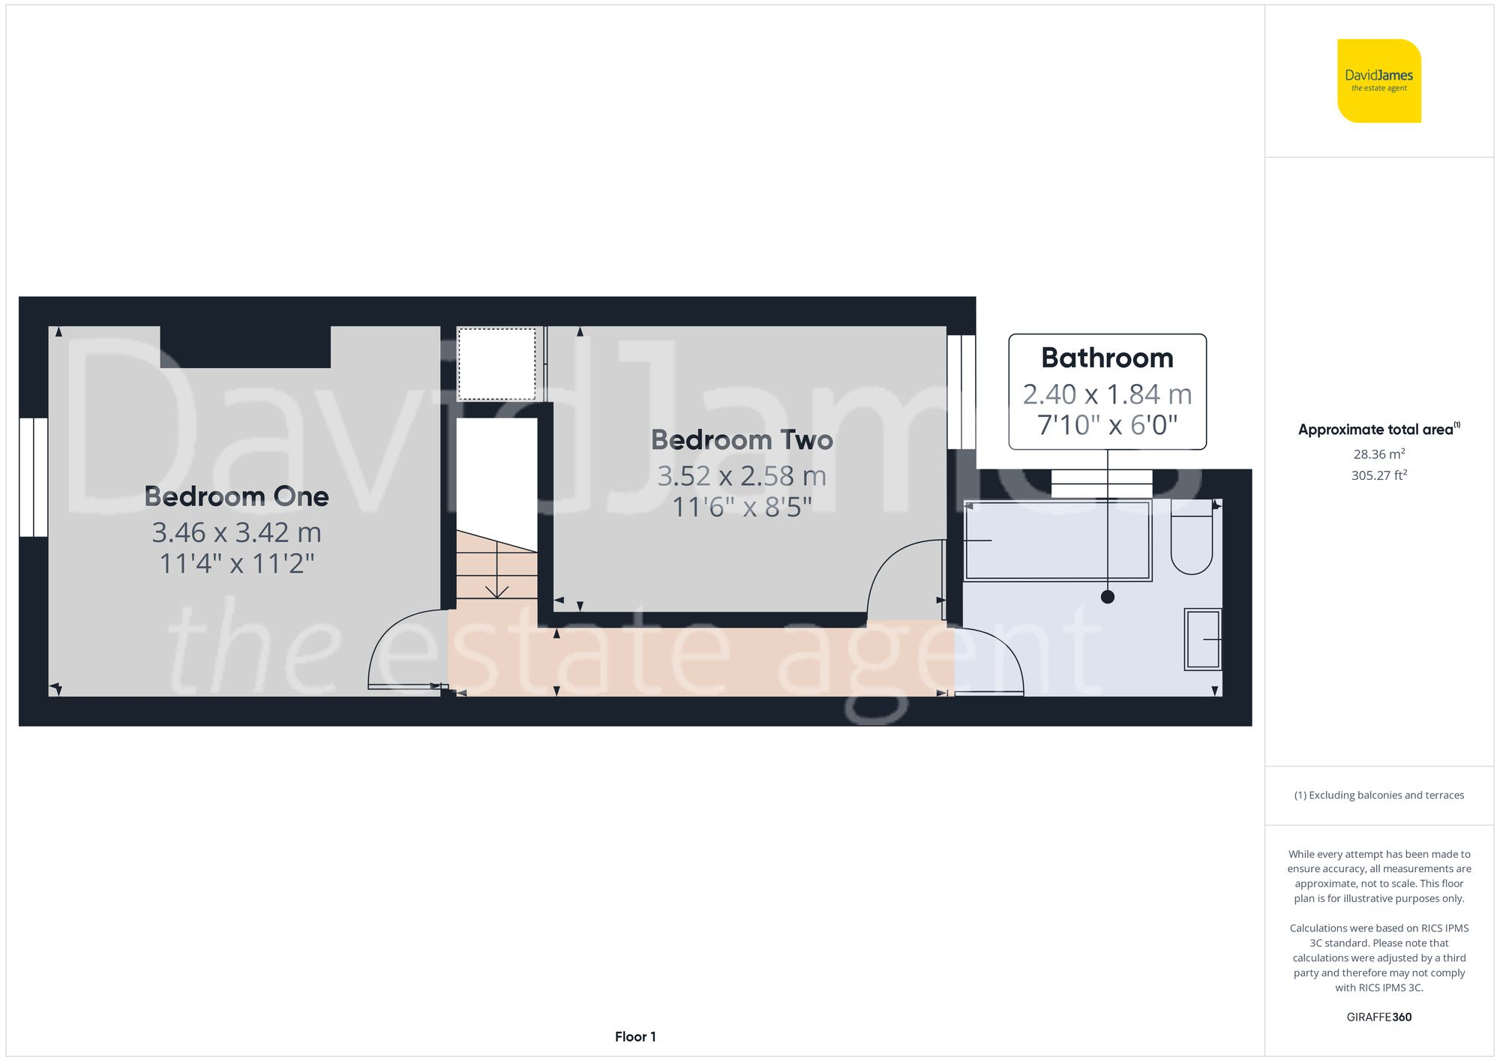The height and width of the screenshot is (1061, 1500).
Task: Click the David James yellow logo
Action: [1378, 81]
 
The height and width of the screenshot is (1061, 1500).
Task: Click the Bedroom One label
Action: [236, 496]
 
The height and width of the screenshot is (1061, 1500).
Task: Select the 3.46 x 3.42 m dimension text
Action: [236, 532]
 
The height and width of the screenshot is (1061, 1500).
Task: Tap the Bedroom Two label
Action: [742, 440]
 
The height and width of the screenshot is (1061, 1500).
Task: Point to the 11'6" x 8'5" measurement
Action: [742, 508]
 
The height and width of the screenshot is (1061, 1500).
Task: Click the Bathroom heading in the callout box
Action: [1107, 358]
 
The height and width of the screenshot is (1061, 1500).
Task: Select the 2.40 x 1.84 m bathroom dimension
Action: [1107, 394]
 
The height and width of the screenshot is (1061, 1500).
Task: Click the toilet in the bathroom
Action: [1191, 544]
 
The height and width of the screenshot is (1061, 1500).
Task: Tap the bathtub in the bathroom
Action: [1057, 541]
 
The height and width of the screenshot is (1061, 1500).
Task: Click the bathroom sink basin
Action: [1203, 639]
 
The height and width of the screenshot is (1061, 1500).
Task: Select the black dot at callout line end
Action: [1108, 597]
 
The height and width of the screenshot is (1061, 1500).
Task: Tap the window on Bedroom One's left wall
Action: [34, 477]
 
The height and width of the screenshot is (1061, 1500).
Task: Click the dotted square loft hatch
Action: [496, 364]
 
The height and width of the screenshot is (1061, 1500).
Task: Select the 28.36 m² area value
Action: [1378, 454]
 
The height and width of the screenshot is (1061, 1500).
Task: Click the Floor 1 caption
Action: [635, 1036]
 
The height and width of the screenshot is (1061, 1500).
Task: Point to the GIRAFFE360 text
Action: [1378, 1017]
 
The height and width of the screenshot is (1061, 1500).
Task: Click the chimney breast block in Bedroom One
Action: [245, 347]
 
